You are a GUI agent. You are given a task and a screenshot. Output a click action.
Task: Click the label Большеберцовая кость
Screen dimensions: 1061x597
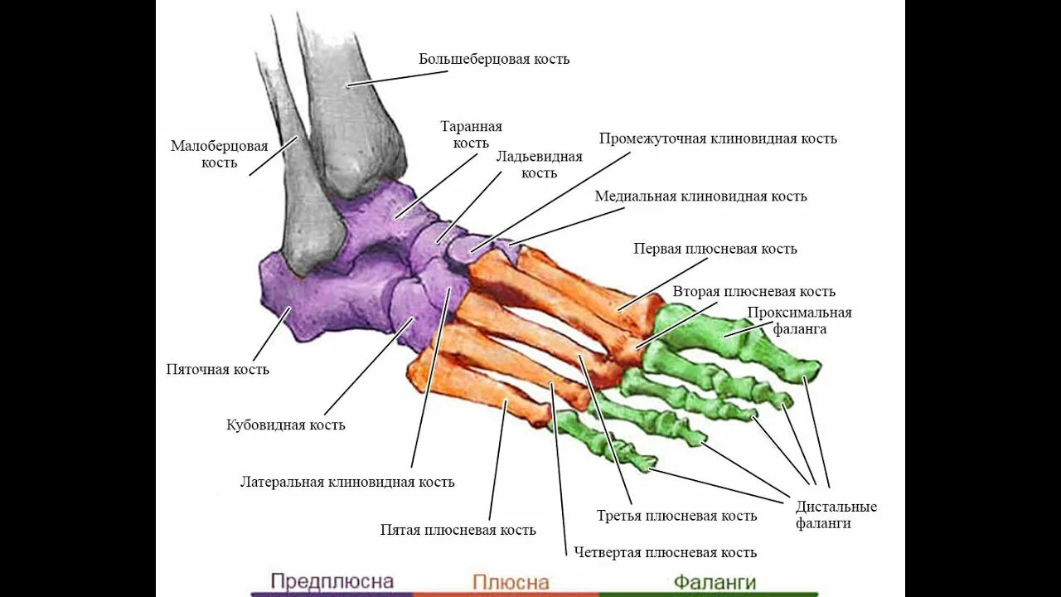(x=494, y=60)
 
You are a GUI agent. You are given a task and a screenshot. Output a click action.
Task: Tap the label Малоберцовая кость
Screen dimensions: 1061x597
(x=220, y=154)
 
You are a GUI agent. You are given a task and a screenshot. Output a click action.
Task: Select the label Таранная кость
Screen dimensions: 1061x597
(x=471, y=134)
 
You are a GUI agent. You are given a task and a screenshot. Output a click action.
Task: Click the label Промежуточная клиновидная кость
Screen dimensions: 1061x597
(x=718, y=138)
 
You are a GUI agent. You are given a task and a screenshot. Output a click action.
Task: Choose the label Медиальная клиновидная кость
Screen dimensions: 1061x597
(x=700, y=197)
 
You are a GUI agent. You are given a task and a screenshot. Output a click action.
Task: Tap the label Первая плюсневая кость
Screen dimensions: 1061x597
(x=715, y=249)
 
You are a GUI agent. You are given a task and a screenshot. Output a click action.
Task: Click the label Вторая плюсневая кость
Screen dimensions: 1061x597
(x=753, y=292)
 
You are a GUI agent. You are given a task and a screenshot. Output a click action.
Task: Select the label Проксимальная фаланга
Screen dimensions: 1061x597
(x=799, y=320)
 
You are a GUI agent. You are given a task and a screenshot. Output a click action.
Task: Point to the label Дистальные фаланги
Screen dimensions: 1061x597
(x=836, y=515)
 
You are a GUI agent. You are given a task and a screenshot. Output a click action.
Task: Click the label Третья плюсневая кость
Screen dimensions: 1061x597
(x=676, y=516)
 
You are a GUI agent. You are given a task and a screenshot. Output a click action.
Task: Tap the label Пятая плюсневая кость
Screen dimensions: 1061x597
(x=458, y=530)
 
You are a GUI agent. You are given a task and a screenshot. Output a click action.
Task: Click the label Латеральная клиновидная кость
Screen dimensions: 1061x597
(x=347, y=482)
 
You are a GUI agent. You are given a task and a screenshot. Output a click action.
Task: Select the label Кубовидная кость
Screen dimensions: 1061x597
(x=286, y=425)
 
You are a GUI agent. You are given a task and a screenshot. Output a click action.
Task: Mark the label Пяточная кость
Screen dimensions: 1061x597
(x=217, y=370)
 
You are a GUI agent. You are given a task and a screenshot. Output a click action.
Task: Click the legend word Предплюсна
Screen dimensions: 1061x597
(x=332, y=581)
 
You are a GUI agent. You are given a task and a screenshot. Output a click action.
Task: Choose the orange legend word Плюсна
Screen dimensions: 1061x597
(x=511, y=582)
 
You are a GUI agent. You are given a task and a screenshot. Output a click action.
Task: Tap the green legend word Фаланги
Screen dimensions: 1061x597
(x=715, y=581)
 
